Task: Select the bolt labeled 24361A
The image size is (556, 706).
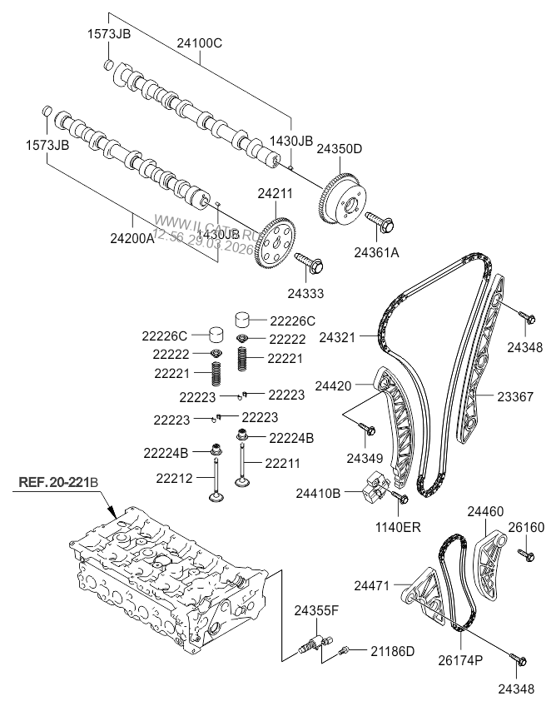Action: [x=383, y=222]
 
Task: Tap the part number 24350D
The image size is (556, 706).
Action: [x=339, y=150]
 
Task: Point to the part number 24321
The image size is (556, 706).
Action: [x=337, y=338]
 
